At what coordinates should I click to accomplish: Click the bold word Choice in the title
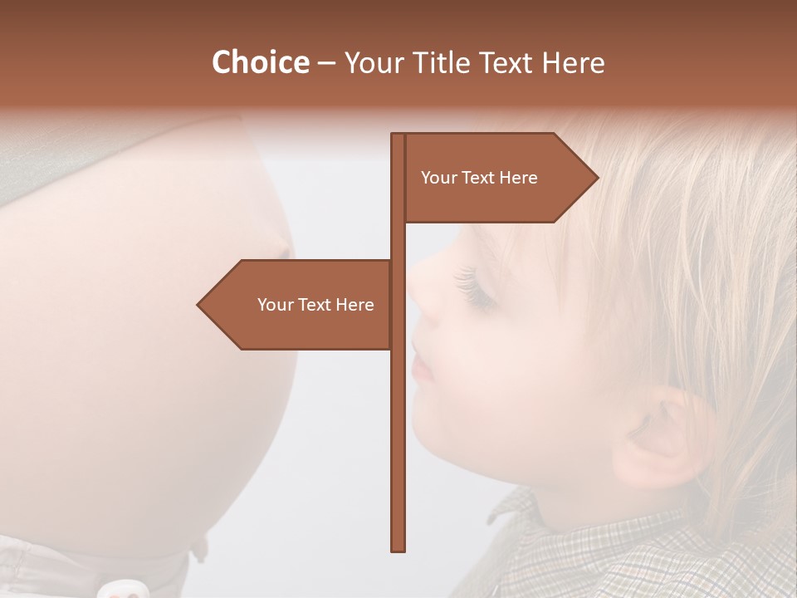pos(260,62)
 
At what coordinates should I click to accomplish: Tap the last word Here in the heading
pos(573,62)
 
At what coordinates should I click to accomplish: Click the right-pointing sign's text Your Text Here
pos(479,178)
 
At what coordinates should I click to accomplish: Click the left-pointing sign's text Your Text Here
pos(315,305)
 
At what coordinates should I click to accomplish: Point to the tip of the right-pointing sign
pos(597,177)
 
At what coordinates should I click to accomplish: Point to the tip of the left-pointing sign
pos(198,305)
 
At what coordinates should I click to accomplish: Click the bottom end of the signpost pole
pos(398,549)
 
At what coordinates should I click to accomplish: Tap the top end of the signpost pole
pos(398,135)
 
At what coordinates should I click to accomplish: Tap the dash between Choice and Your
pos(326,62)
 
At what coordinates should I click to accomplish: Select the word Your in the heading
pos(371,62)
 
